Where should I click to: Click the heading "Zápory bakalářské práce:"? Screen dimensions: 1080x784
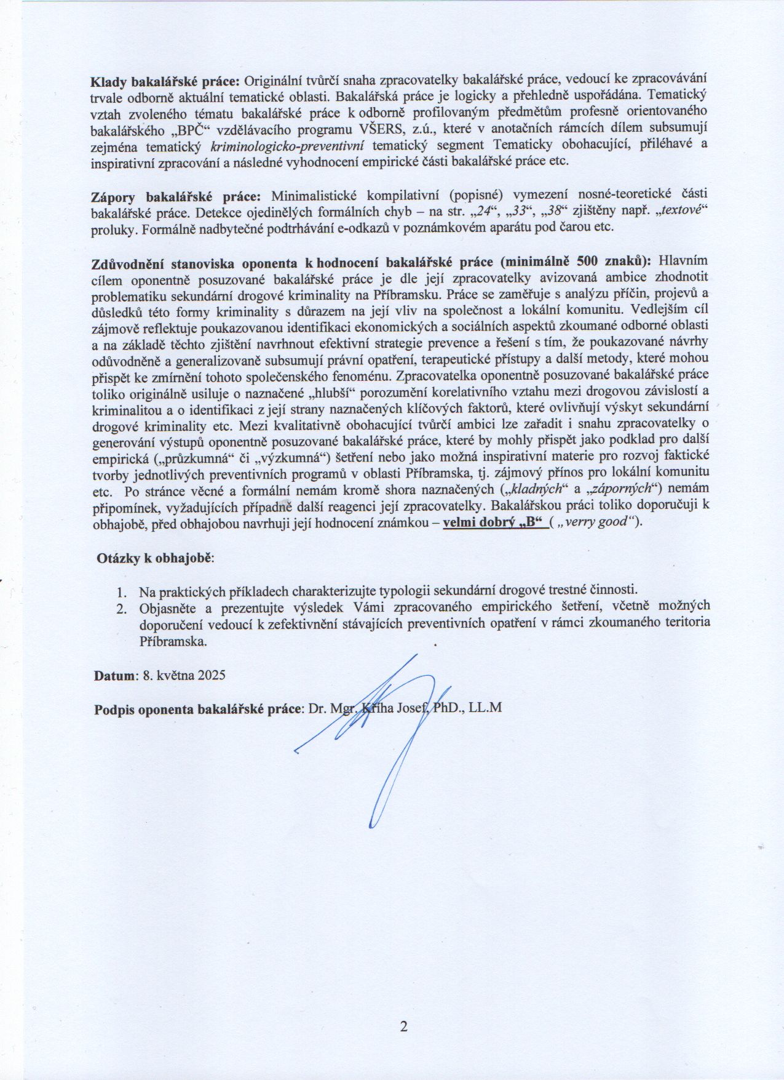[x=176, y=197]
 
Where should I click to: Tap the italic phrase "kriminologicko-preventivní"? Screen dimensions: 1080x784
[x=288, y=146]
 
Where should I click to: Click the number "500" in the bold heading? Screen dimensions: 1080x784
[x=585, y=261]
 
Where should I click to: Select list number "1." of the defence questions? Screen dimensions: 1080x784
[x=122, y=593]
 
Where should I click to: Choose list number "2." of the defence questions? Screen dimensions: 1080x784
[x=122, y=609]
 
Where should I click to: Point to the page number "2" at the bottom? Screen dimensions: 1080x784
[x=403, y=1026]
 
